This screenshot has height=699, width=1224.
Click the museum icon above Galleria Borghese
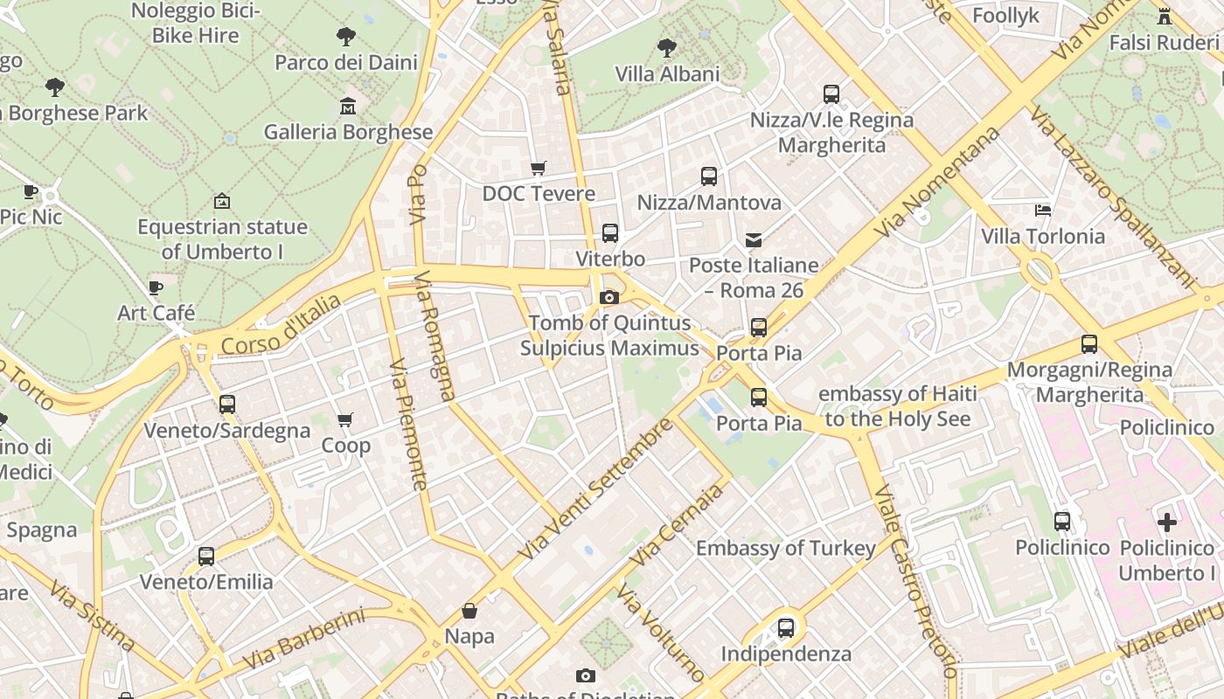[348, 107]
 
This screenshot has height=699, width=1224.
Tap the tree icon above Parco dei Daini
[346, 37]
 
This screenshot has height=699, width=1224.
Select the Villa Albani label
[667, 74]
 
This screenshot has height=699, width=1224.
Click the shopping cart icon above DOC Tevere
[539, 168]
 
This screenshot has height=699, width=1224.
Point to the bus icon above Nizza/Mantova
[709, 176]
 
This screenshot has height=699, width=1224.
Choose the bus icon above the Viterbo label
[610, 233]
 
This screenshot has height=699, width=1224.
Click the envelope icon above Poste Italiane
[754, 239]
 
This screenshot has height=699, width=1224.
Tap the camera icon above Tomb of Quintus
[609, 297]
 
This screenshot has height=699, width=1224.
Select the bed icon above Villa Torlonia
[1043, 210]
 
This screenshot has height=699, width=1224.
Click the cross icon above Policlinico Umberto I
[1167, 523]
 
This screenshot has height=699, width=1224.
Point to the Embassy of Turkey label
[785, 549]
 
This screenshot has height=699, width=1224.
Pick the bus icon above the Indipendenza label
[786, 627]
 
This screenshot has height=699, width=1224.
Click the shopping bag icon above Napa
[469, 611]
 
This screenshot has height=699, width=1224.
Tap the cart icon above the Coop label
[345, 420]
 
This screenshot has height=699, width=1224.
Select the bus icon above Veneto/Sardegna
[227, 405]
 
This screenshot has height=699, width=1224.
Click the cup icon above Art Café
[156, 287]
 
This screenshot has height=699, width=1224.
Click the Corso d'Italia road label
[281, 326]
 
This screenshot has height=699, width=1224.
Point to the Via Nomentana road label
[939, 182]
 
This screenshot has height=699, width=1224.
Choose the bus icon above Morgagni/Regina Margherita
[1089, 344]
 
